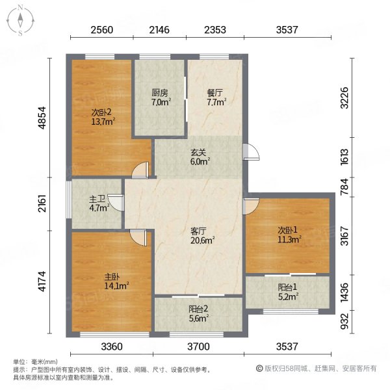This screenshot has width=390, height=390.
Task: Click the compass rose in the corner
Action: coord(20,21)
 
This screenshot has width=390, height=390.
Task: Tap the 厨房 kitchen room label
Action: coord(160,93)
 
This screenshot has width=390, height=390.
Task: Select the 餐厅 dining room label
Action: coord(215,93)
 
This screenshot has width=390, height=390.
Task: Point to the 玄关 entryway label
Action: coord(198,152)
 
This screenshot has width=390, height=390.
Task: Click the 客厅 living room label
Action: coord(198,231)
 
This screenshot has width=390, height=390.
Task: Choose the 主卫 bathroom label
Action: coord(97,199)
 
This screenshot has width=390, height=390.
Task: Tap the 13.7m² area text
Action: coord(103,122)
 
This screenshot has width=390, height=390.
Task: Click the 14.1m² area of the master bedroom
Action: coord(116,286)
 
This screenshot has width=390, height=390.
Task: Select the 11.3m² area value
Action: coord(290,239)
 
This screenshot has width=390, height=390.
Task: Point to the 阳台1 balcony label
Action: coord(287,287)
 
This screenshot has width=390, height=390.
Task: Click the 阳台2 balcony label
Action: coord(198,309)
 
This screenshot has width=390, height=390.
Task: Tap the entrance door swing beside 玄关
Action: coord(251,151)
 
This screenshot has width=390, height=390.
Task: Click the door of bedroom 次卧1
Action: coord(251,206)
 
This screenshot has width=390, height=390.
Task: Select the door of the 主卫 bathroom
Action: coord(116,203)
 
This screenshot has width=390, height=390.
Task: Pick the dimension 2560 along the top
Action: coord(102,30)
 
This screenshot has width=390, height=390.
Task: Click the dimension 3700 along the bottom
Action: coord(198,346)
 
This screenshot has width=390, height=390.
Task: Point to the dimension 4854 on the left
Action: coord(42,118)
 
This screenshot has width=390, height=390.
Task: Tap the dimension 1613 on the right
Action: coord(344,157)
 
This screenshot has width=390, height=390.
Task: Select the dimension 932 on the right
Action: coord(344,321)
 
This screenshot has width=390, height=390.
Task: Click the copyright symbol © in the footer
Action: coord(259,369)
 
